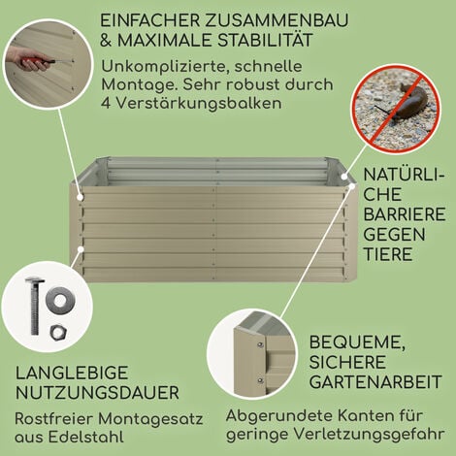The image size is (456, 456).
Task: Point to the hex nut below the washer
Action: tap(57, 331)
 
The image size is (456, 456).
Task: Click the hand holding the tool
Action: tap(22, 60)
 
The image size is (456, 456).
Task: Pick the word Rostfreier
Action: tap(52, 420)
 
